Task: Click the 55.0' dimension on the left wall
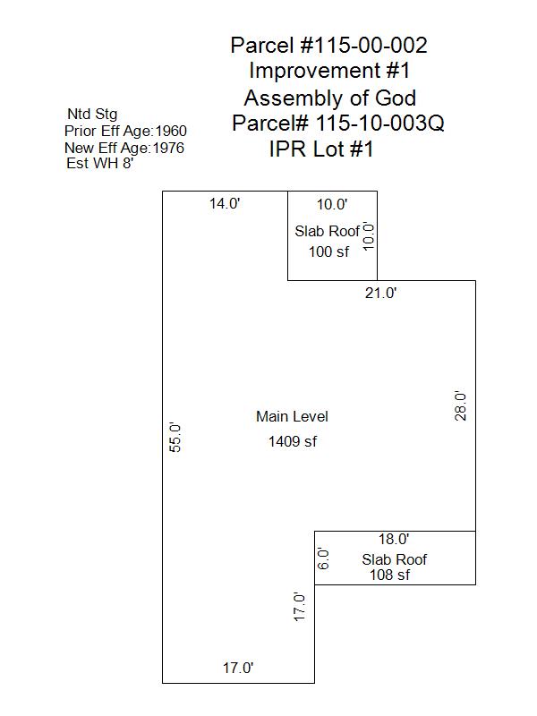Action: [x=176, y=437]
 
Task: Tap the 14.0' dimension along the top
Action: [x=225, y=203]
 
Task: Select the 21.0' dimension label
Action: [x=380, y=293]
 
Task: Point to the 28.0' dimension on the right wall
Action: [x=460, y=405]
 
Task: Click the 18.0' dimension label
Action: [x=393, y=539]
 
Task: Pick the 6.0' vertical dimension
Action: [x=325, y=558]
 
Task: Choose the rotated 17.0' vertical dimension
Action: [x=300, y=607]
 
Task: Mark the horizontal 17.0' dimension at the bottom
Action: [x=238, y=667]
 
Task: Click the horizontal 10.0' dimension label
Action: [x=332, y=204]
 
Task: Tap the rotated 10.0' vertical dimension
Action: [x=367, y=235]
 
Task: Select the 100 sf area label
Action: [x=328, y=251]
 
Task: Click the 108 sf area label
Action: [x=389, y=575]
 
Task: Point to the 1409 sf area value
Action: [x=292, y=441]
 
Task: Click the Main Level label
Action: [x=292, y=416]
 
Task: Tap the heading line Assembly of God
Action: [x=329, y=98]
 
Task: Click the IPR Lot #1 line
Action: [x=321, y=149]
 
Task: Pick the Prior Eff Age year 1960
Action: [x=171, y=131]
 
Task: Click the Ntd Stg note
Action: [x=92, y=114]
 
